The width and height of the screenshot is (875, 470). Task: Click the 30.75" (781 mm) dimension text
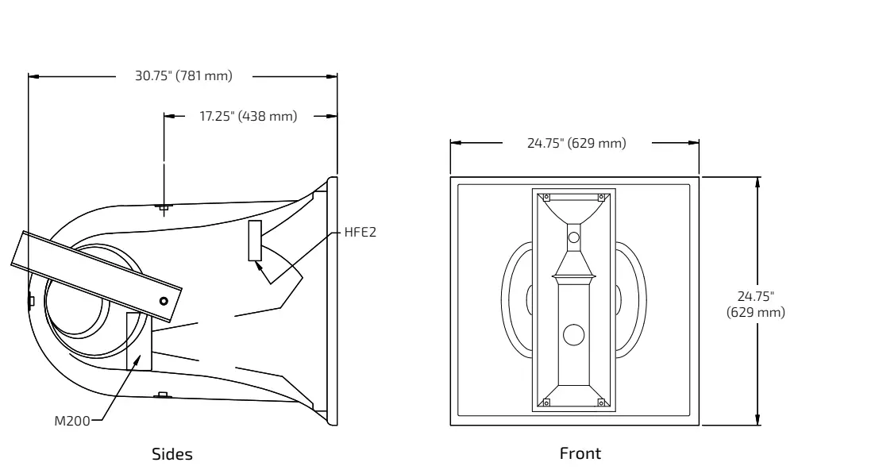(x=183, y=76)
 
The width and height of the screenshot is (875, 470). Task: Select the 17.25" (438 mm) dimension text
(x=248, y=116)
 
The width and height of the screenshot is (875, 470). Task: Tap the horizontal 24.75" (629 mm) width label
(x=576, y=143)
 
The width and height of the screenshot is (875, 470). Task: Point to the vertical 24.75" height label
(x=756, y=304)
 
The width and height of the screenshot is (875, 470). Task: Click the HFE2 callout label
(x=360, y=233)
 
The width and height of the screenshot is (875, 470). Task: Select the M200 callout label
(x=72, y=421)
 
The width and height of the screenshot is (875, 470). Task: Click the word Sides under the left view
(x=172, y=454)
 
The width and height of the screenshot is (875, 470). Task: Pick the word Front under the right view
(x=580, y=453)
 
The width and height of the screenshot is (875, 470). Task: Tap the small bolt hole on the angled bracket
(x=164, y=301)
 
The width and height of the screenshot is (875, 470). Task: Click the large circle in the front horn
(x=573, y=335)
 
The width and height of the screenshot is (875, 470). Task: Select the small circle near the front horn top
(x=573, y=237)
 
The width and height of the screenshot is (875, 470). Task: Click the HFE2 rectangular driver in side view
(x=255, y=241)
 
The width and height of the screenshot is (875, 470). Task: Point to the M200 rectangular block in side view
(x=138, y=341)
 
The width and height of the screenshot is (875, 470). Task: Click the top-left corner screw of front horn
(x=545, y=197)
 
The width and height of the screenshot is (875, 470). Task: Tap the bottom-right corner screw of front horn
(x=601, y=403)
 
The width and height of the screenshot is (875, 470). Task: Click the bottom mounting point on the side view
(x=163, y=395)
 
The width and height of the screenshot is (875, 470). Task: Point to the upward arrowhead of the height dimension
(x=757, y=182)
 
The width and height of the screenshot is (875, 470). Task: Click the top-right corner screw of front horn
(x=601, y=197)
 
